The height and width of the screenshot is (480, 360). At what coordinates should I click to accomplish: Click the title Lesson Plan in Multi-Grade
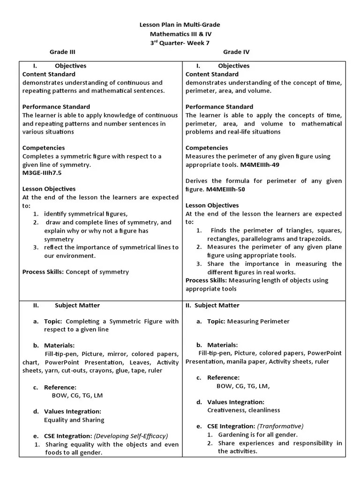pos(180,24)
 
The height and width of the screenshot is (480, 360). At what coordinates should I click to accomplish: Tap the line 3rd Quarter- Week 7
pos(180,42)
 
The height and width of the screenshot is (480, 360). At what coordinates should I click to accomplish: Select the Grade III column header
pos(63,52)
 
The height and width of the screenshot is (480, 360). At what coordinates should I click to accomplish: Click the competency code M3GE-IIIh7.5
pos(42,173)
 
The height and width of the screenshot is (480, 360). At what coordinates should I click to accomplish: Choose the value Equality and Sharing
pos(74,420)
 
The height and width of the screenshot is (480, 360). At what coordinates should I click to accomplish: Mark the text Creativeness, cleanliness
pos(243,410)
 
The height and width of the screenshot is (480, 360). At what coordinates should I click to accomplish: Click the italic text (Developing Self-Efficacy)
pos(131,435)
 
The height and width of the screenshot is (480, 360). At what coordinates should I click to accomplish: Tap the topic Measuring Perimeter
pos(258,321)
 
